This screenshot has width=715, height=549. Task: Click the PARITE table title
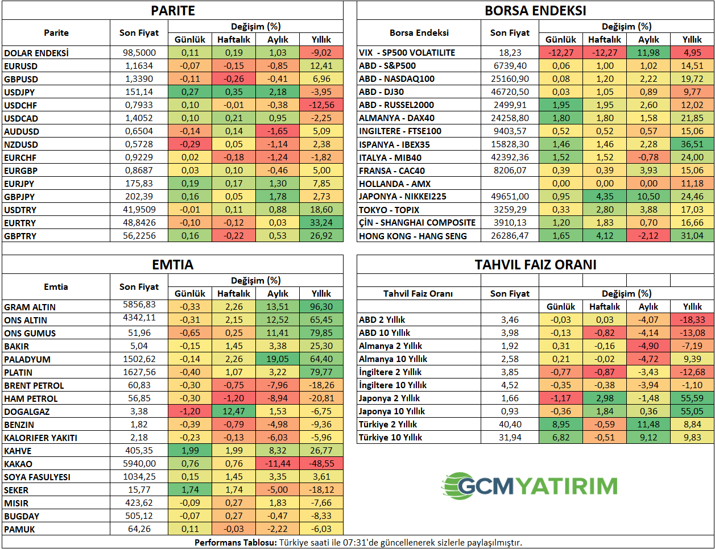173,11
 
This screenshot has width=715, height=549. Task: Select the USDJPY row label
19,92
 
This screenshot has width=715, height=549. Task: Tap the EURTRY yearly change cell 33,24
321,223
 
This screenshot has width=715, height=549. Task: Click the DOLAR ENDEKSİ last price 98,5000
139,52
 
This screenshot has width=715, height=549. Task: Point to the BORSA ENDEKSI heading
535,11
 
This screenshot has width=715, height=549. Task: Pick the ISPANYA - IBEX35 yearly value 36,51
692,144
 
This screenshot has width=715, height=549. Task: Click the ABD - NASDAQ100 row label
396,79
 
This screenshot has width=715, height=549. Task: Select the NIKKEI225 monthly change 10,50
648,197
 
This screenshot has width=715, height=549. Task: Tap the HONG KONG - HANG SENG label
412,236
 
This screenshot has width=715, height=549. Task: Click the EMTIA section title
173,265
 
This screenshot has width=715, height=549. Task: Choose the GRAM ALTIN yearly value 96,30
321,307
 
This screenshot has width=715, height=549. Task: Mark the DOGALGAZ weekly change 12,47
234,411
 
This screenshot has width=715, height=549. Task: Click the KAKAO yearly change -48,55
321,464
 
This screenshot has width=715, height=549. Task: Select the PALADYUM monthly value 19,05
278,359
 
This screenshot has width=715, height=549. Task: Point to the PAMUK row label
19,529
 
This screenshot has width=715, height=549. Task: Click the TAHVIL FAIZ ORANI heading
535,265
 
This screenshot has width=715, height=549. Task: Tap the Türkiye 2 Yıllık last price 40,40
510,425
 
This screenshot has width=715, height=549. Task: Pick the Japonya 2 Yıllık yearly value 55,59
692,398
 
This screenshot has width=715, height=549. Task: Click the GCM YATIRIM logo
530,486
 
